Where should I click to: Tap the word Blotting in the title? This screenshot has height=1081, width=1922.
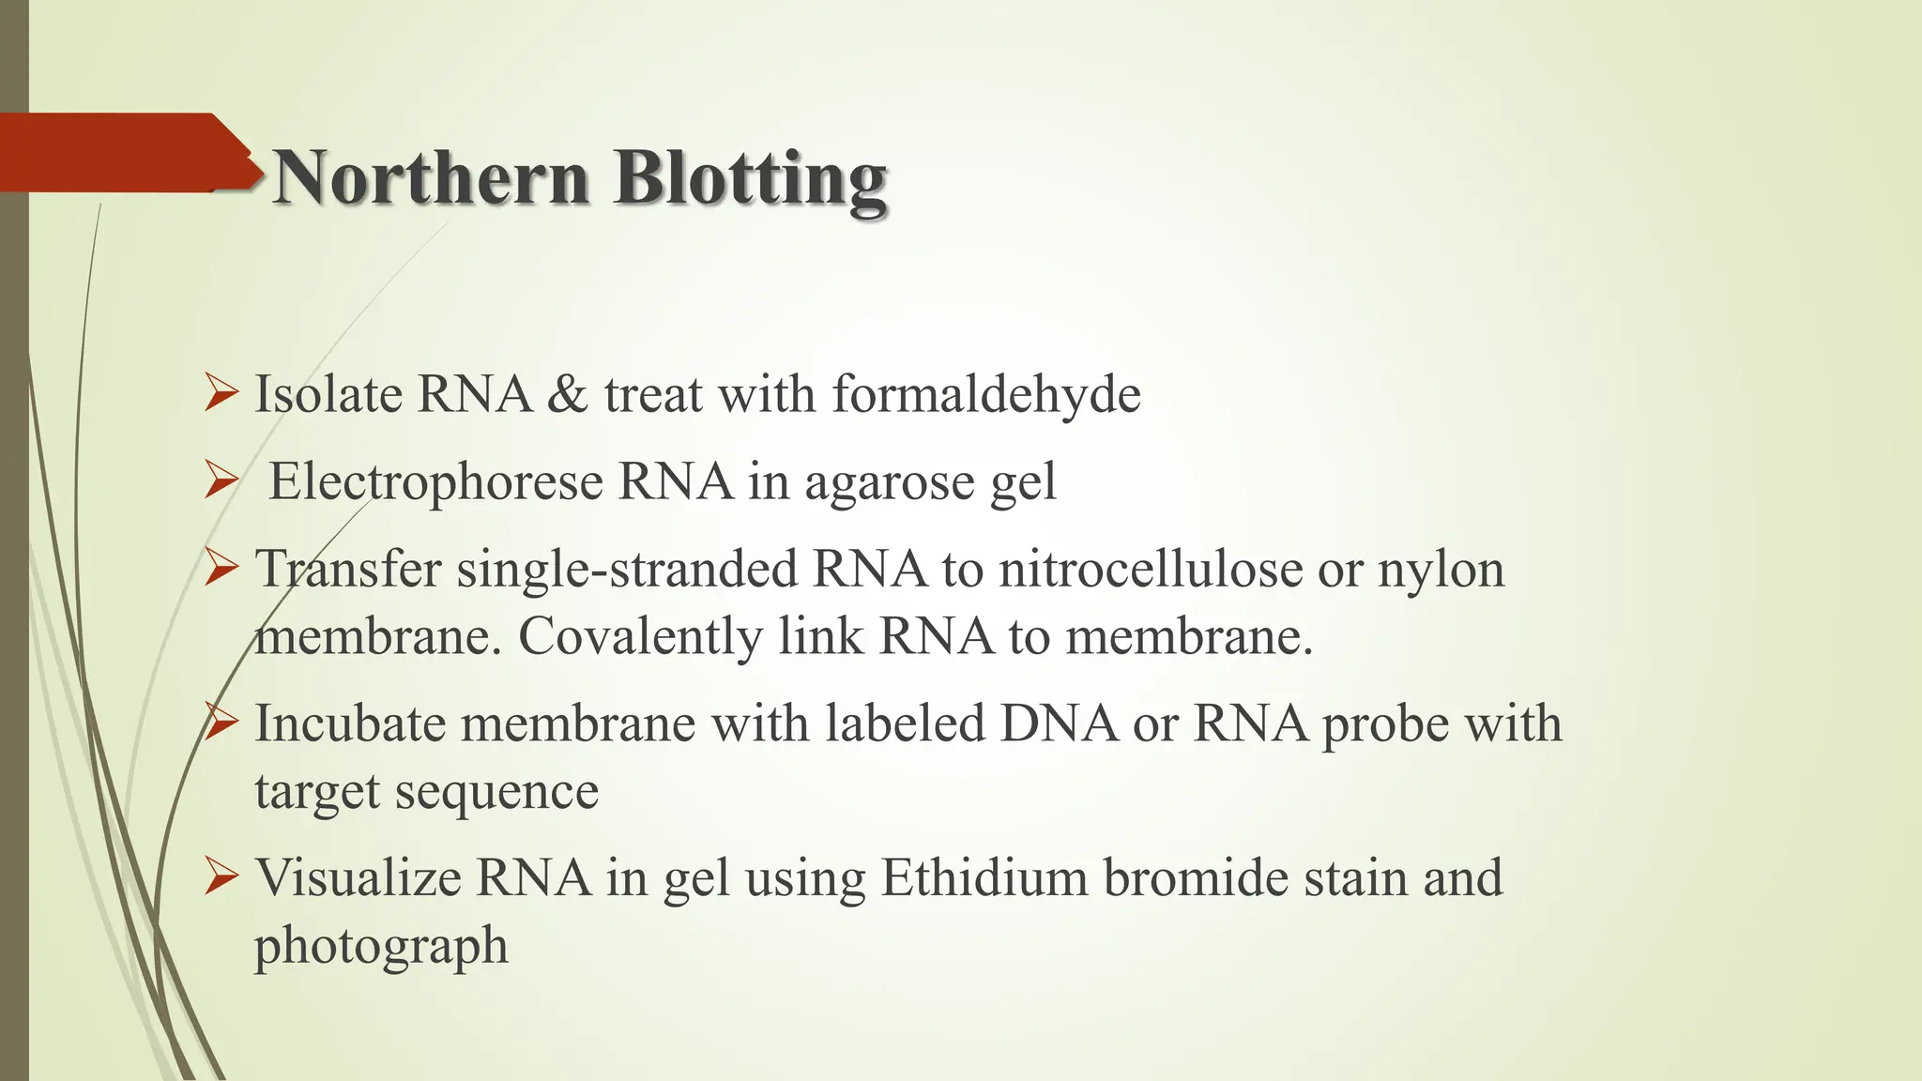[751, 178]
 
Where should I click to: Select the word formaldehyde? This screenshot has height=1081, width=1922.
[985, 393]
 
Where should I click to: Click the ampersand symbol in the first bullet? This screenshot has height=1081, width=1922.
[567, 394]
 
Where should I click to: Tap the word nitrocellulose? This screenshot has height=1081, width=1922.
[1150, 570]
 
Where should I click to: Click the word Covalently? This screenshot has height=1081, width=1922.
[640, 638]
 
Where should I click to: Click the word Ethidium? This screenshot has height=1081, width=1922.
[984, 878]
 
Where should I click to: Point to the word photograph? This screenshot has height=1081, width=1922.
[381, 947]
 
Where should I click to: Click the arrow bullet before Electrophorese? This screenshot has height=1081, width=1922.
[221, 482]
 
